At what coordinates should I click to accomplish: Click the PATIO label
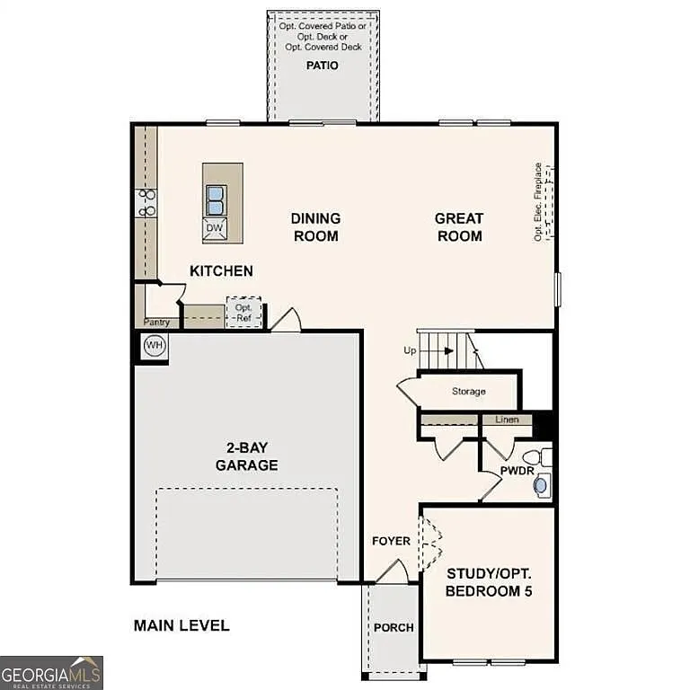[x=323, y=66]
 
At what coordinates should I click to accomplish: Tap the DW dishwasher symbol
[x=215, y=228]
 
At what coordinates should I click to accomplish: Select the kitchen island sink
[x=216, y=197]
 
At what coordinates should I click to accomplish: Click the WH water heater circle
[x=154, y=346]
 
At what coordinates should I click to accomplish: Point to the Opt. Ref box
[x=243, y=312]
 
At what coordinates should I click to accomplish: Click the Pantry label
[x=157, y=322]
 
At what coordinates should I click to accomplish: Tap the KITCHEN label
[x=221, y=270]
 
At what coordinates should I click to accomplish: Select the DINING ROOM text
[x=315, y=226]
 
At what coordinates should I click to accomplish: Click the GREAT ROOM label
[x=458, y=226]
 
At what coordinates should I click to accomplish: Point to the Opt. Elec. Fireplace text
[x=538, y=201]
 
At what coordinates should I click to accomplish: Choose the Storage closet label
[x=468, y=391]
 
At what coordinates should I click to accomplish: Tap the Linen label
[x=506, y=420]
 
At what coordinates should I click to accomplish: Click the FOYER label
[x=391, y=541]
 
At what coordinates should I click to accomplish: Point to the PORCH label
[x=394, y=627]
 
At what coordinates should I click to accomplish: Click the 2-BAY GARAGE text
[x=246, y=456]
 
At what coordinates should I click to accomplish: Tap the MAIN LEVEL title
[x=181, y=625]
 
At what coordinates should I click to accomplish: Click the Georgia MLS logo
[x=51, y=672]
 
